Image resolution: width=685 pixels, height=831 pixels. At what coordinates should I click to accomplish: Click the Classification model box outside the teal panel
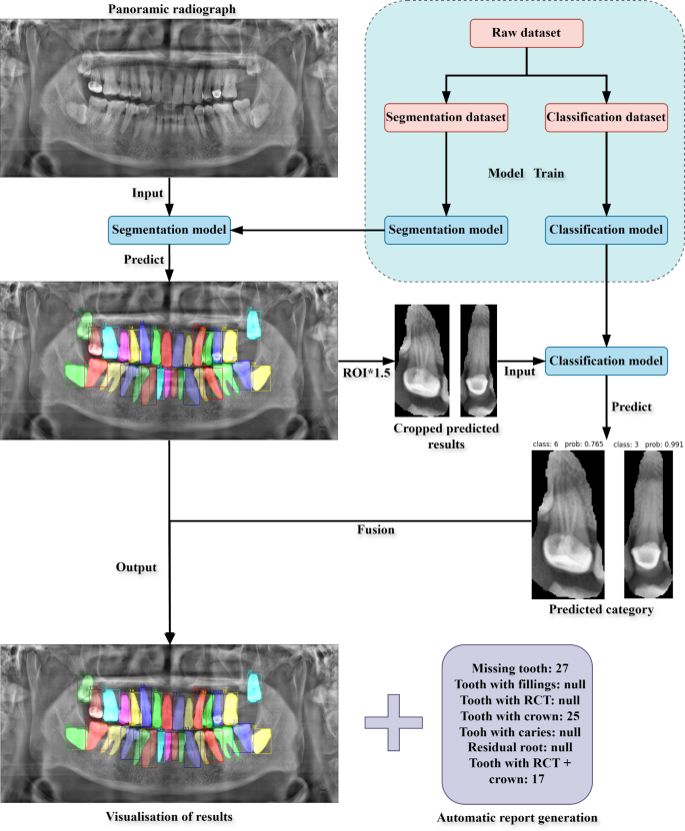[x=605, y=358]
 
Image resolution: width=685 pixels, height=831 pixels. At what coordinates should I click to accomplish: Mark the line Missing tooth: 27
[x=512, y=664]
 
